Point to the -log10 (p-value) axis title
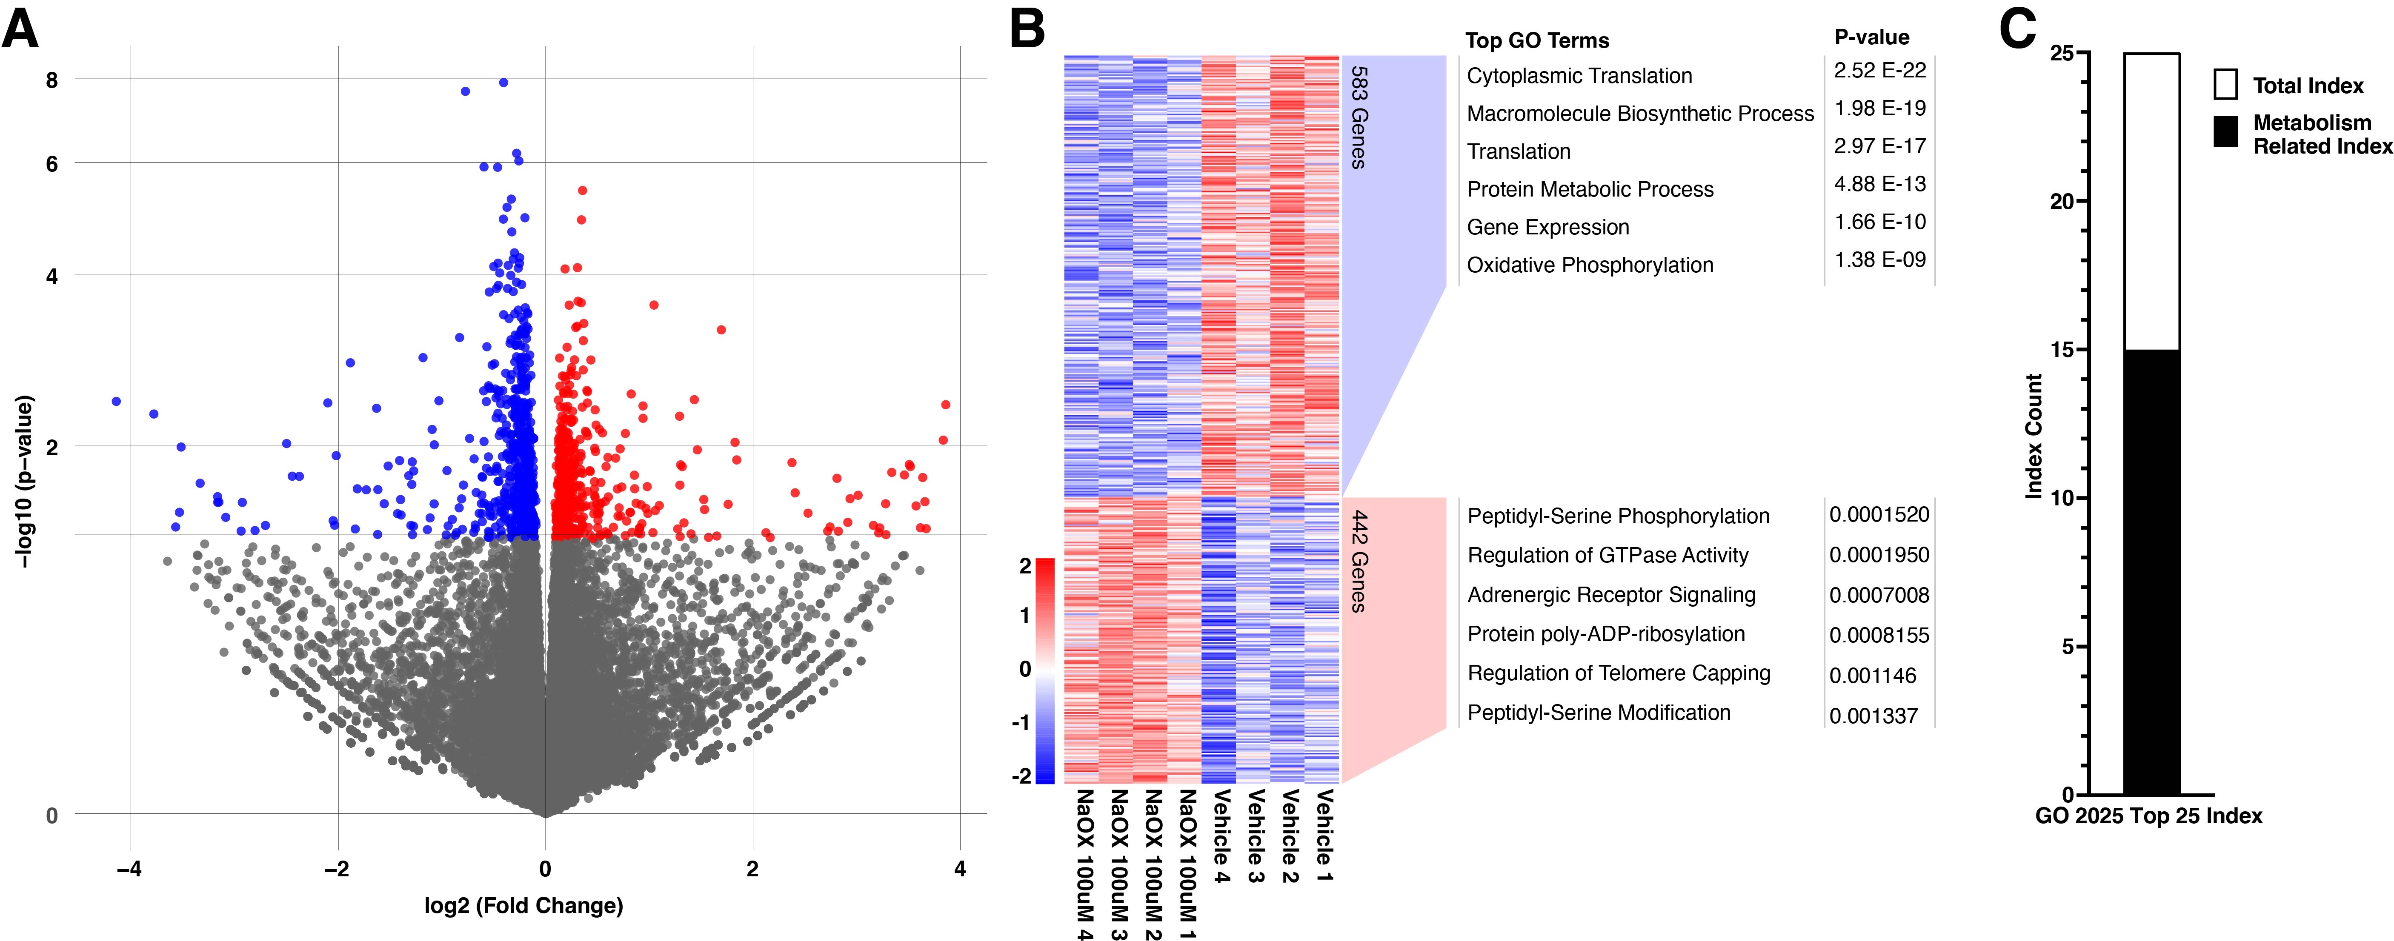coord(25,481)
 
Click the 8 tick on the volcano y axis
coord(52,81)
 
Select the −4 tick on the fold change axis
coord(129,870)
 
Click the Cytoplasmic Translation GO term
coord(1579,76)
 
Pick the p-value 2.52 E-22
coord(1879,71)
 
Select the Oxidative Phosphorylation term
coord(1589,266)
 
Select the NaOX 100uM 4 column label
coord(1084,864)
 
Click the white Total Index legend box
coord(2225,85)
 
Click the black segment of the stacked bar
coord(2151,571)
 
